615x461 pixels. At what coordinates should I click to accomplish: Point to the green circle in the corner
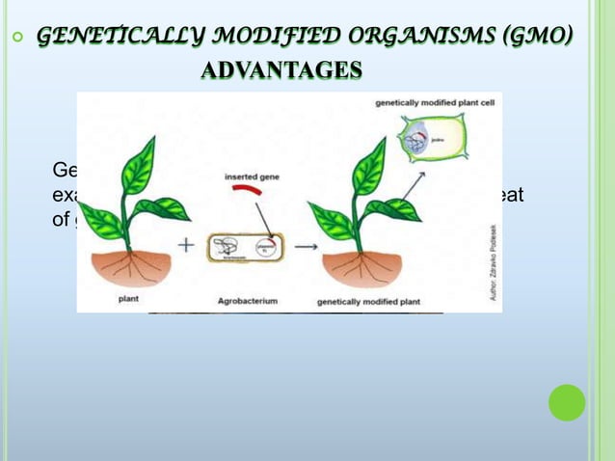(567, 402)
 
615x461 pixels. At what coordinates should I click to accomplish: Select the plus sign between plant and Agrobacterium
(188, 248)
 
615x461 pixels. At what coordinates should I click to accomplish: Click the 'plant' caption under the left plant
(129, 300)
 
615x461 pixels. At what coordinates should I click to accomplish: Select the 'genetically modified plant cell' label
(434, 102)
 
